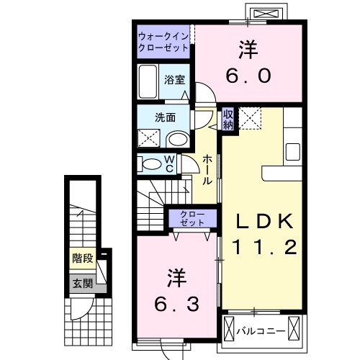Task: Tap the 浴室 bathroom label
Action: (x=174, y=79)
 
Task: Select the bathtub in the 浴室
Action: (x=148, y=82)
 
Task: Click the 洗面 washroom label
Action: (x=163, y=117)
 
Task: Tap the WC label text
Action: (x=169, y=163)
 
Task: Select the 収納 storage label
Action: (x=228, y=119)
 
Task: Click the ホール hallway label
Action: (x=207, y=171)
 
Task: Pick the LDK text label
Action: (x=264, y=221)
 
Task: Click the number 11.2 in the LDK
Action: (x=264, y=248)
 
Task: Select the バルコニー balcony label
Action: (x=261, y=330)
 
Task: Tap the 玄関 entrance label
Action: (x=81, y=283)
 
